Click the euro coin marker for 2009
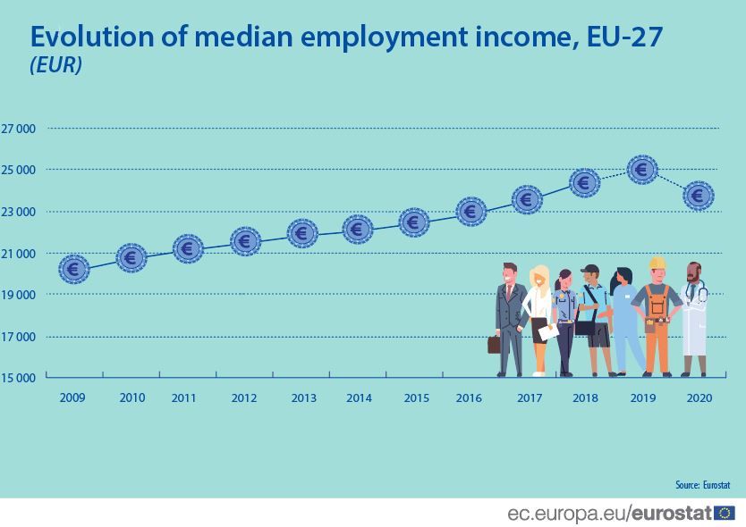click(74, 268)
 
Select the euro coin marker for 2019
click(642, 169)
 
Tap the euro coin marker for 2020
click(698, 195)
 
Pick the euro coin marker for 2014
click(358, 230)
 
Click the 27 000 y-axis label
click(18, 129)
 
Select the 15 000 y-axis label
click(18, 378)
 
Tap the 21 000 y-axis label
click(18, 254)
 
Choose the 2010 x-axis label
click(131, 397)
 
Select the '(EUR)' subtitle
click(55, 66)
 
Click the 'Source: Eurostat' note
click(703, 485)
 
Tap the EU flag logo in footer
click(725, 513)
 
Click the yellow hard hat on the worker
click(657, 263)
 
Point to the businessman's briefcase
click(494, 345)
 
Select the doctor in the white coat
click(693, 317)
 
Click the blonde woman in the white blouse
click(539, 317)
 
